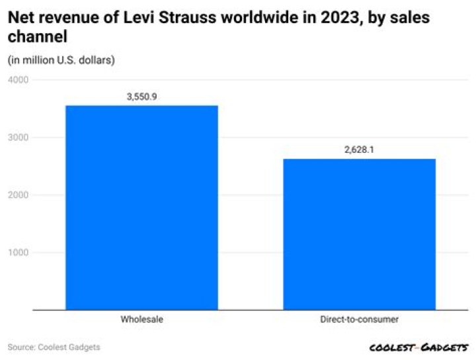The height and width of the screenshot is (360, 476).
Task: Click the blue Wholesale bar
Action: (x=141, y=207)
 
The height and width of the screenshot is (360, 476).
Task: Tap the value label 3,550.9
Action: (x=141, y=97)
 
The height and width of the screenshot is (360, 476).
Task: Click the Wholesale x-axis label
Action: (x=141, y=320)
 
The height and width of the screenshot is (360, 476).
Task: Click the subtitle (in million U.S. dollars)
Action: (x=61, y=60)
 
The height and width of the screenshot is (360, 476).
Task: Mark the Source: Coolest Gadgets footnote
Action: (x=54, y=347)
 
